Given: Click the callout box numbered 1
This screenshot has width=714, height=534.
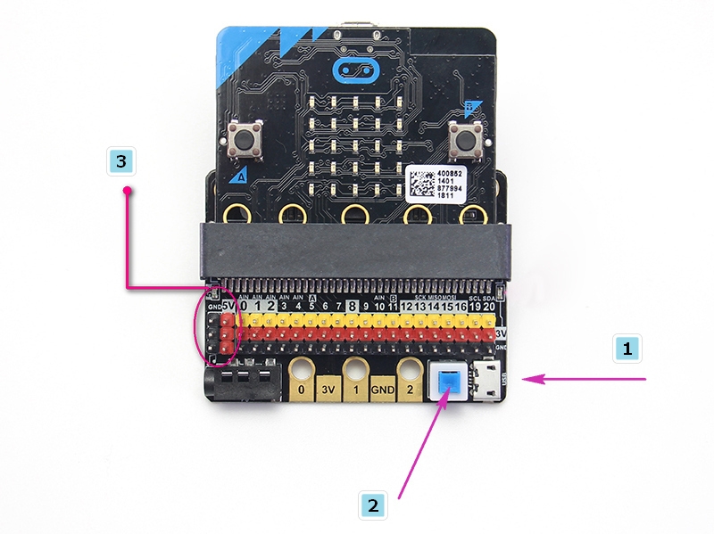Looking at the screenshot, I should pos(628,349).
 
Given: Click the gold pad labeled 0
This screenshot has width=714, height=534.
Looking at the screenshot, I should pos(303,390).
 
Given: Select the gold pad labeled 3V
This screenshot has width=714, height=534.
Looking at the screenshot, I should pos(330,390).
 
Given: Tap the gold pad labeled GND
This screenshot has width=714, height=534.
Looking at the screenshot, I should pos(383,390).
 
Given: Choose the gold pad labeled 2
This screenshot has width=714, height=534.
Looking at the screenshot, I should pos(410,390).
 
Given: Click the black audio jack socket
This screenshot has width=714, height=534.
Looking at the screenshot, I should pos(240,382).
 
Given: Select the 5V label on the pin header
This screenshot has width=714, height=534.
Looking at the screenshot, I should pos(227,307).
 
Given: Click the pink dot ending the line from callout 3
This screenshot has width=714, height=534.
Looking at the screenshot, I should pos(128,190).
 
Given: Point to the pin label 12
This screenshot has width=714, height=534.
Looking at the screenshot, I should pos(407,307).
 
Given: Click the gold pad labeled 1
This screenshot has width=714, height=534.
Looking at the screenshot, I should pos(357,390).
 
